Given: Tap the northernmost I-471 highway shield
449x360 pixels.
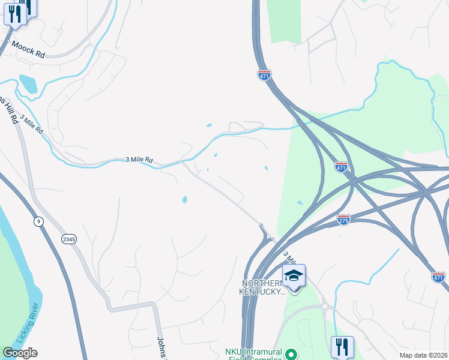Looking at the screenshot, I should pyautogui.click(x=265, y=74).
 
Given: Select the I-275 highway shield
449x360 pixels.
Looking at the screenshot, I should pyautogui.click(x=344, y=220).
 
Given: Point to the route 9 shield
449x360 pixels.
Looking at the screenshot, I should pyautogui.click(x=39, y=221).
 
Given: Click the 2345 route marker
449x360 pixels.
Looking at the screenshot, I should pyautogui.click(x=69, y=239).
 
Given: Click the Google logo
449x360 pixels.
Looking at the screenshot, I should pyautogui.click(x=20, y=353).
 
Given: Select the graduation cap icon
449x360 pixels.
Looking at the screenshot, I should pyautogui.click(x=294, y=276).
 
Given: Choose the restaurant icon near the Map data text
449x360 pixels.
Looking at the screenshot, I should pyautogui.click(x=342, y=346).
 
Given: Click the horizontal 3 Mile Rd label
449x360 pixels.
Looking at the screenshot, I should pyautogui.click(x=139, y=160).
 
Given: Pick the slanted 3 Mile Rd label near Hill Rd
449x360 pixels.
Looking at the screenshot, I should pyautogui.click(x=31, y=123).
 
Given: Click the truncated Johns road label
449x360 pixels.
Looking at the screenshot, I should pyautogui.click(x=161, y=347).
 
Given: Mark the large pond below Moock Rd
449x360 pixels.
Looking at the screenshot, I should pyautogui.click(x=28, y=83).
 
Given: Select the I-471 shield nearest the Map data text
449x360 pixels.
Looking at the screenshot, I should pyautogui.click(x=438, y=277).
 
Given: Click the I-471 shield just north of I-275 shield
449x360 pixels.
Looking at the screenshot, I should pyautogui.click(x=341, y=167).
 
